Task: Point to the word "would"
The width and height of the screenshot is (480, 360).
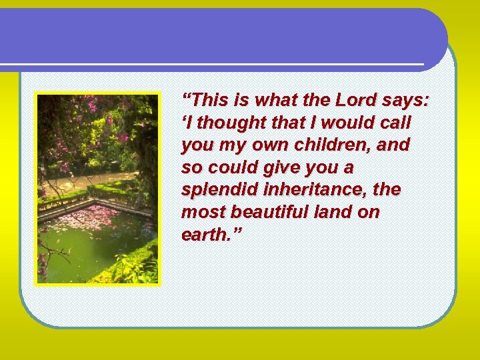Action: pos(333,123)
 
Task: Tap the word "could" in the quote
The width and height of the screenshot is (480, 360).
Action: pos(228,167)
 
